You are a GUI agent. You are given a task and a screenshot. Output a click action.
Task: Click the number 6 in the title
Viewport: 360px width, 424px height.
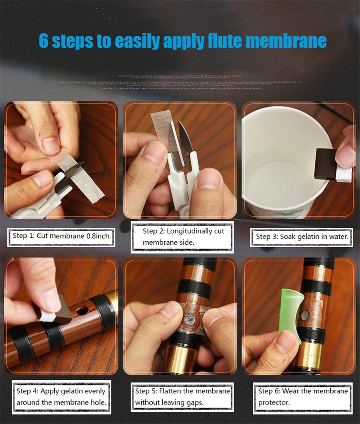[44, 41]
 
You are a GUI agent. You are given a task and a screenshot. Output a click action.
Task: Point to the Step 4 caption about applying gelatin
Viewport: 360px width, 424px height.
[61, 396]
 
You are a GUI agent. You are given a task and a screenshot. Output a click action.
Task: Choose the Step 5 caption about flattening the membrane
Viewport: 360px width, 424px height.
[182, 396]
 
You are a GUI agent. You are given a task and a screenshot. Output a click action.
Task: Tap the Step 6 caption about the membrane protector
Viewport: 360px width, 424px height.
[302, 396]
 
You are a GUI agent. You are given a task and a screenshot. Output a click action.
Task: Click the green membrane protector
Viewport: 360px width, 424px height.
[291, 314]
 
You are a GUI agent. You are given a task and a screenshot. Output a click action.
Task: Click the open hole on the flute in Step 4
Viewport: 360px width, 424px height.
[82, 310]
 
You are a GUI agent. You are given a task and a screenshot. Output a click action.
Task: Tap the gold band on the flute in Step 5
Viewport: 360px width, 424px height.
[180, 358]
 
